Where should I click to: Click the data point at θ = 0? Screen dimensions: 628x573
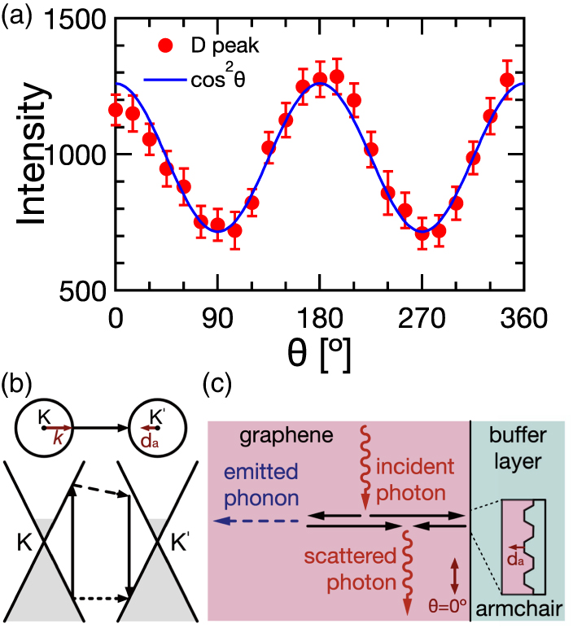pyautogui.click(x=116, y=110)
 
